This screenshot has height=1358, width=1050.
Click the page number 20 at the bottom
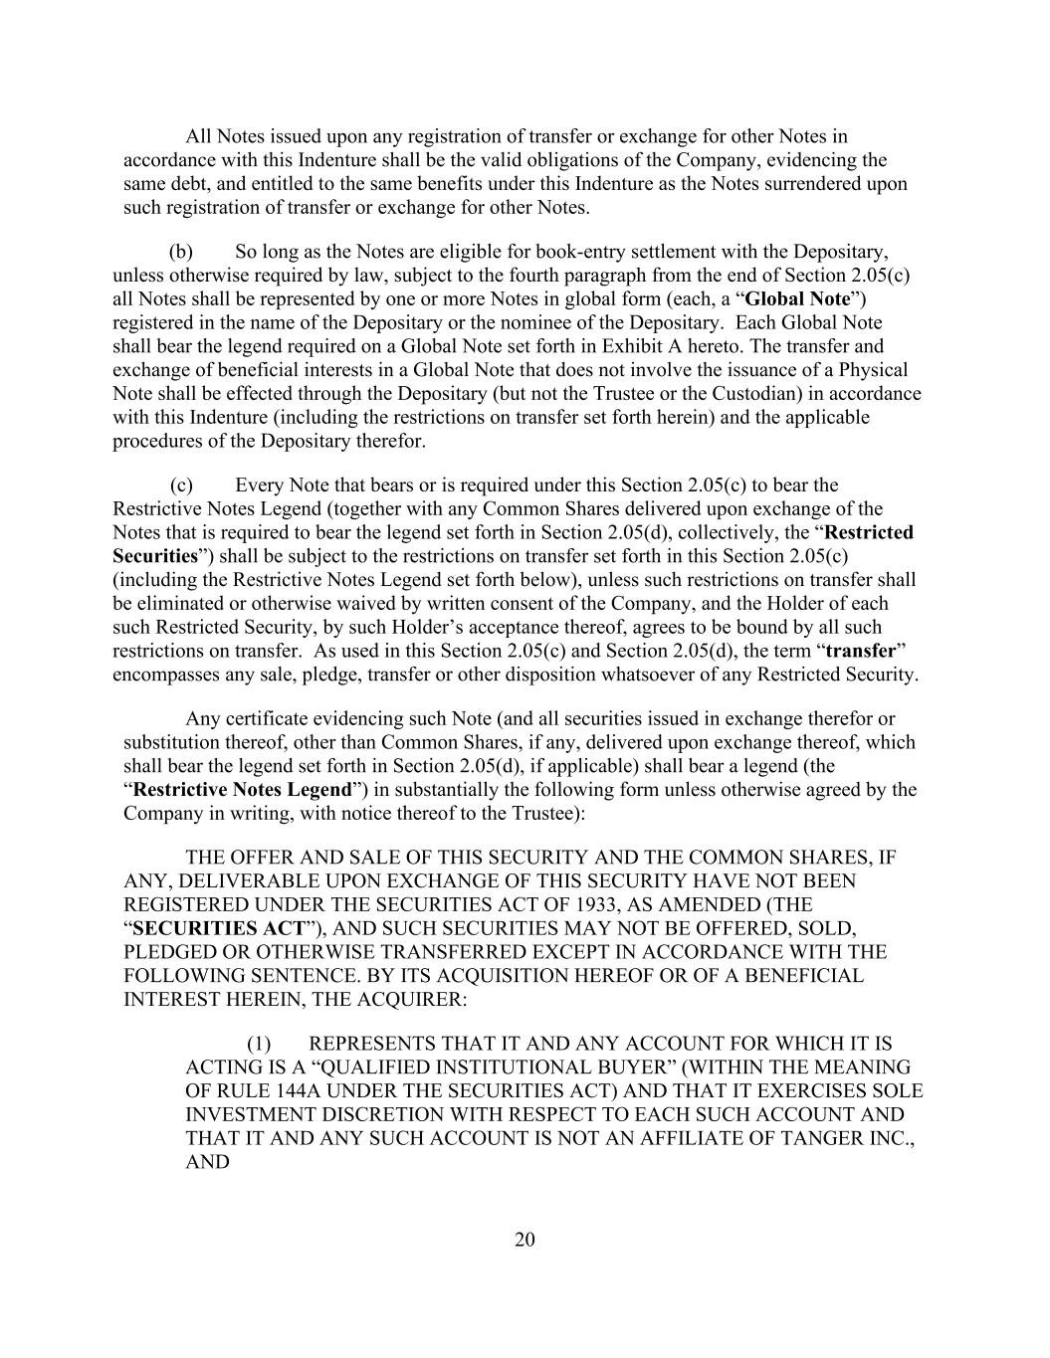pyautogui.click(x=525, y=1239)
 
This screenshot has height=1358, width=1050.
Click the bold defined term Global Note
pyautogui.click(x=797, y=299)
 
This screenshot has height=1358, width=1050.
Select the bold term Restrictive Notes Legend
pyautogui.click(x=242, y=790)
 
